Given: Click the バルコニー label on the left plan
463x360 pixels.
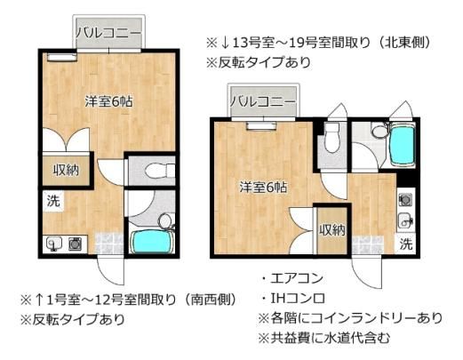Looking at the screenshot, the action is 108,32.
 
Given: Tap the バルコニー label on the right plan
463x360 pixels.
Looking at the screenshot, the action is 263,101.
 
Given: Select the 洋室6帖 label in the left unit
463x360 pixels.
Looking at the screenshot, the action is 108,101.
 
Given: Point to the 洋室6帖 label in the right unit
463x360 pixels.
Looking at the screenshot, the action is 263,188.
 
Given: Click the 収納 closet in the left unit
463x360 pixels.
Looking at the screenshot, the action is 66,171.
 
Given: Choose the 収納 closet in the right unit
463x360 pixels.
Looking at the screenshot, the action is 332,230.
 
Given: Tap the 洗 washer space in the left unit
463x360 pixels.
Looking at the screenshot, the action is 53,202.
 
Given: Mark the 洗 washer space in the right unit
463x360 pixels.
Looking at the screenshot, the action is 405,244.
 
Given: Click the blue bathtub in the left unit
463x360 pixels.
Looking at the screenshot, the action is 152,242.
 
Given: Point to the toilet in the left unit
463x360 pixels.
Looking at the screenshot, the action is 160,171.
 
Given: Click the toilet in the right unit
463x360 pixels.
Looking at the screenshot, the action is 332,138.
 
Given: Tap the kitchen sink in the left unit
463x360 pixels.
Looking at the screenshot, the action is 54,244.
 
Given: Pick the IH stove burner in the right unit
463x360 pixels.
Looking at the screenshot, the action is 405,199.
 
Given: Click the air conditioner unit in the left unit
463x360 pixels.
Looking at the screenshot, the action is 61,57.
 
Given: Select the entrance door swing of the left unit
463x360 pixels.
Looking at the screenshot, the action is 110,269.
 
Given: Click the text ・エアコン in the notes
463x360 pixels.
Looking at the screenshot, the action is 292,278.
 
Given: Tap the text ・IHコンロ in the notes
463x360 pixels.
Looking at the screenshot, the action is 293,298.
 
